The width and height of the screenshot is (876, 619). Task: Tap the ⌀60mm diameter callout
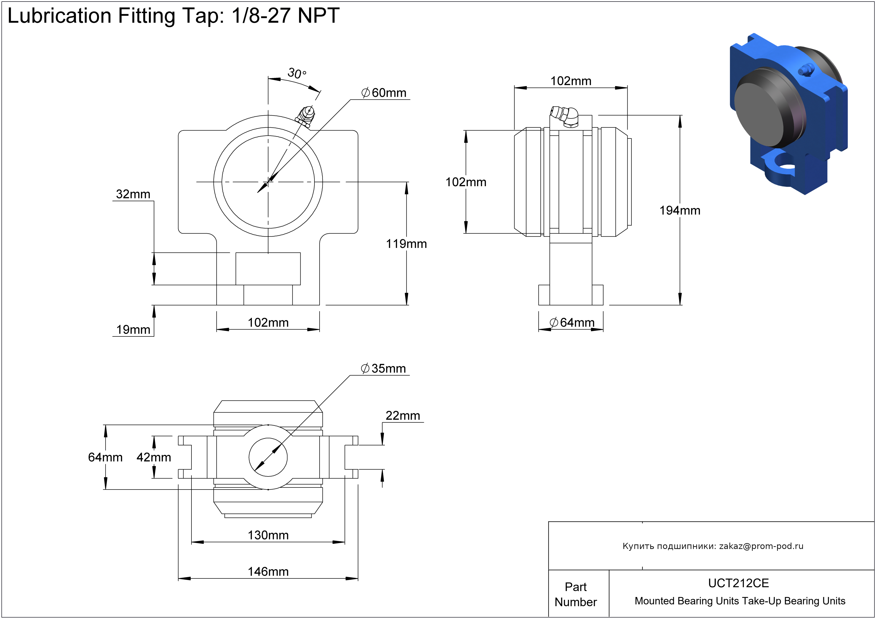point(384,93)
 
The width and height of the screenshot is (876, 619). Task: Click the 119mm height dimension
point(406,244)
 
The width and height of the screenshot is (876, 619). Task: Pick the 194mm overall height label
point(680,211)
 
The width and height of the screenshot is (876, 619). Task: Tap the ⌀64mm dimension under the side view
point(572,323)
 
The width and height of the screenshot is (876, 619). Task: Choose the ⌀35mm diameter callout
point(383,369)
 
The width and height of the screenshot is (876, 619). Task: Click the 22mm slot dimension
point(403,416)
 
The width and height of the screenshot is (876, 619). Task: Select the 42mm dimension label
point(154,457)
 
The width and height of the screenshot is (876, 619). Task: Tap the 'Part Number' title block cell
point(575,594)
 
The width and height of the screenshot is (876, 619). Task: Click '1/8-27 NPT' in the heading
point(286,16)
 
